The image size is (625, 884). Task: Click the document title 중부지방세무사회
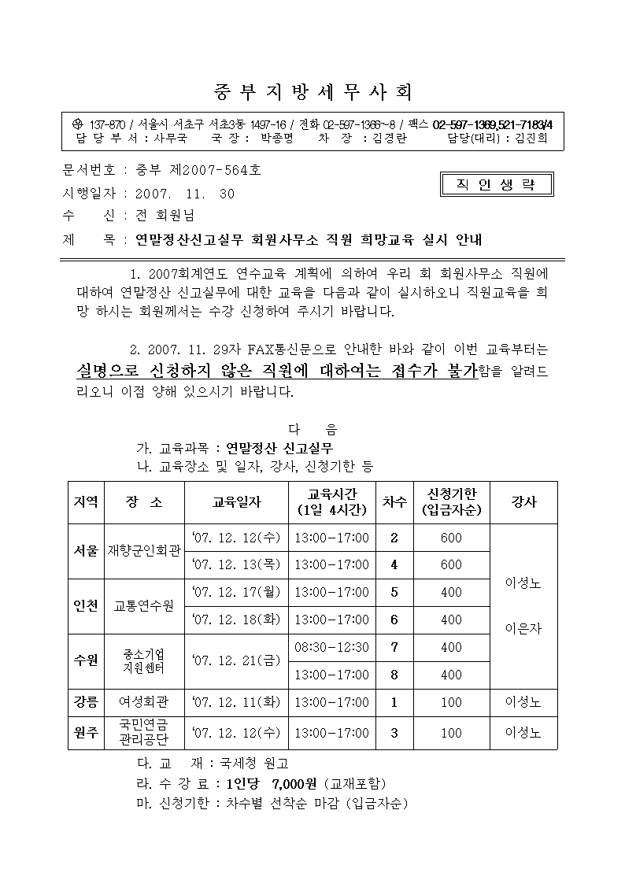(312, 92)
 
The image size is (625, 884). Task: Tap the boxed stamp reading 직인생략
(496, 185)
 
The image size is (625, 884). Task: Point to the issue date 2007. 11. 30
(186, 193)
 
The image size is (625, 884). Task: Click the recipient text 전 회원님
(165, 215)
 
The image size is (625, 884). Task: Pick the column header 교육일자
(237, 501)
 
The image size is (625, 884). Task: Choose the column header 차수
(394, 501)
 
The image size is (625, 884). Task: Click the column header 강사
(523, 501)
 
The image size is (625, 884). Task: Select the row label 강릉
(86, 701)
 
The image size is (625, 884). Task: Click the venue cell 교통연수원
(145, 605)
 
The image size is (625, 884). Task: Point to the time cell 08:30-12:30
(331, 647)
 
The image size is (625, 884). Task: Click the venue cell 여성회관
(143, 701)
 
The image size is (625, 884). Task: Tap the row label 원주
(86, 733)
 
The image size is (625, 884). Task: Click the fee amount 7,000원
(294, 784)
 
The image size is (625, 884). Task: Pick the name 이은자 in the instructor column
(523, 629)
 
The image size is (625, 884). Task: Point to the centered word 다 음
(312, 430)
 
